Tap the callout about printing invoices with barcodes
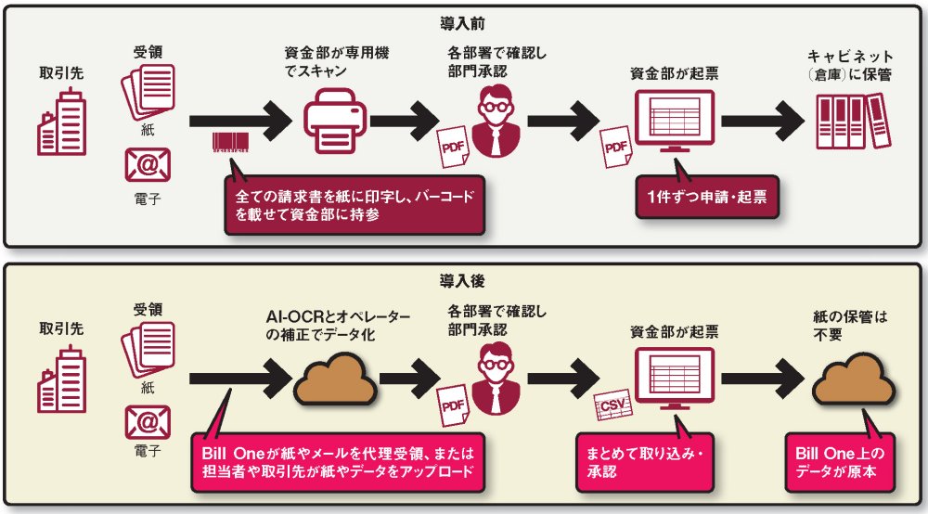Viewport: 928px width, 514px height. click(354, 204)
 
